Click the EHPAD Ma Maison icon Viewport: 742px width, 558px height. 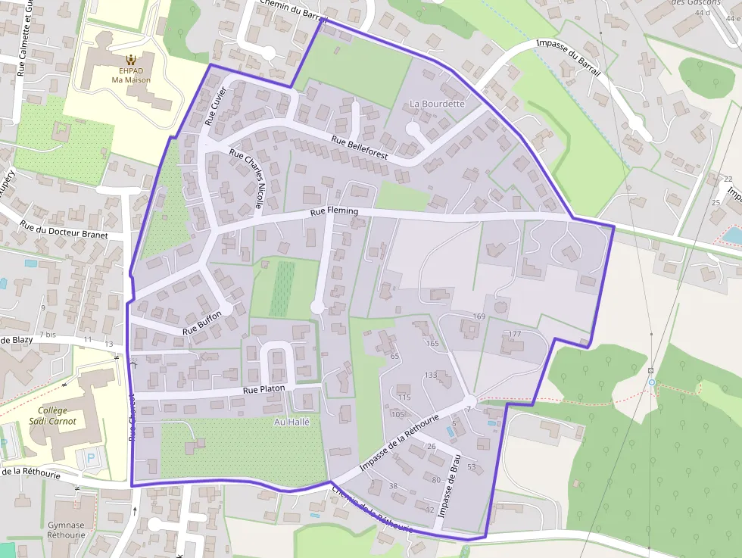[131, 59]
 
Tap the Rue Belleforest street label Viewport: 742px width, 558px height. [360, 147]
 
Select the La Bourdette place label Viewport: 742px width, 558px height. [437, 104]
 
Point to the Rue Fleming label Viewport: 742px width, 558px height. [334, 212]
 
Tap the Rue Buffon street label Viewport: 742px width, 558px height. [202, 323]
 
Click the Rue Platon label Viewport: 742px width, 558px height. [263, 389]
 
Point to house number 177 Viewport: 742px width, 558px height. [515, 334]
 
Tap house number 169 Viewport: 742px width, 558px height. [479, 316]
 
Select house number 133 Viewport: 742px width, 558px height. [431, 375]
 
